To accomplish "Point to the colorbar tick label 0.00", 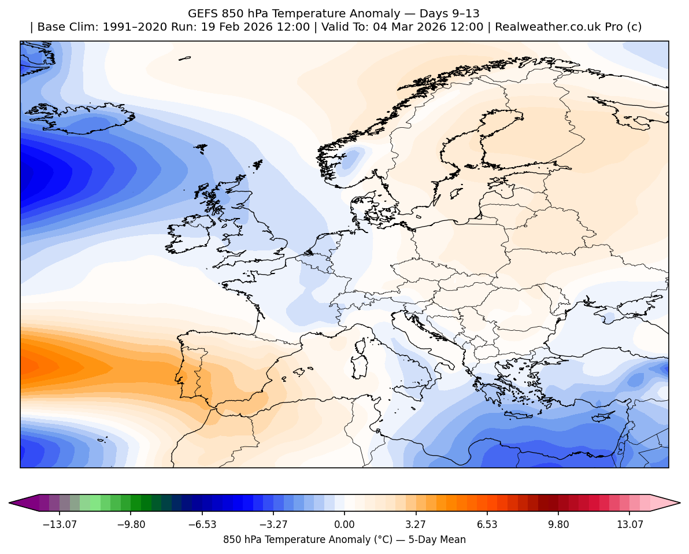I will click(x=344, y=525).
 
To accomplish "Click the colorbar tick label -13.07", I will click(x=61, y=525).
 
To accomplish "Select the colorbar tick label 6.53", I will click(x=487, y=525).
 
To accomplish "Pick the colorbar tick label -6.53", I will click(x=203, y=525).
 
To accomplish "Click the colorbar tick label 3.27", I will click(x=416, y=525).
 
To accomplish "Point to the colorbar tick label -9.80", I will click(x=131, y=525).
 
